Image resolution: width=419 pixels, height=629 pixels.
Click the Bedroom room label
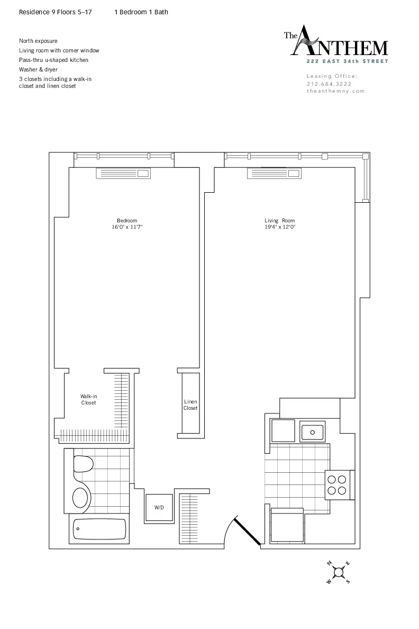tap(127, 221)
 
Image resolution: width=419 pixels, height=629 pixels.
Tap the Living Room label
tap(280, 221)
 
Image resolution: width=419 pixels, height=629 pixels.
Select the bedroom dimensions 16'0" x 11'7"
tap(127, 227)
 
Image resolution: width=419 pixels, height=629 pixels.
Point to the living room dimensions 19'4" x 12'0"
tap(280, 227)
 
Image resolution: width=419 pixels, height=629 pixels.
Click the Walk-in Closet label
tap(88, 399)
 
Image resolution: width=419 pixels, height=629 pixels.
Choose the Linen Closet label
tap(190, 405)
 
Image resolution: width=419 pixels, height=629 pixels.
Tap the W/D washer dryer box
tap(159, 508)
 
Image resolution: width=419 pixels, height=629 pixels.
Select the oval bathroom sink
tap(80, 498)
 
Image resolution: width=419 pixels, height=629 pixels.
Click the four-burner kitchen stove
tap(337, 484)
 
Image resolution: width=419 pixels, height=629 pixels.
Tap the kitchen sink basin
tap(313, 432)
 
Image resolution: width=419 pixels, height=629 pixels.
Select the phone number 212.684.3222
tap(329, 84)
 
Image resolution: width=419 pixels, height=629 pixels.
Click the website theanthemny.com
tap(335, 91)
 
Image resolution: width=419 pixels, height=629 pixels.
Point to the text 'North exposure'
tap(38, 41)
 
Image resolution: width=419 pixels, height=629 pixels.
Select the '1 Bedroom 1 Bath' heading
tap(141, 12)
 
